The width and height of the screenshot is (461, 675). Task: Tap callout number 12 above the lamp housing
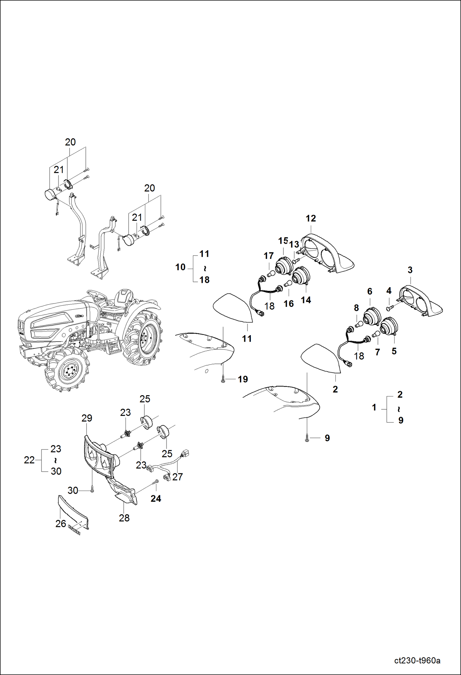[311, 218]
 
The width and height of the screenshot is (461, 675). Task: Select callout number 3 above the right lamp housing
[410, 270]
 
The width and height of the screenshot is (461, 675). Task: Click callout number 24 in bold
[156, 498]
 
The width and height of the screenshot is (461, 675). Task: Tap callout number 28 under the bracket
[124, 518]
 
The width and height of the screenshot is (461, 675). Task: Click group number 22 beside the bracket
[29, 460]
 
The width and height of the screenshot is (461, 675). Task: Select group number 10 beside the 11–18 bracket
[180, 267]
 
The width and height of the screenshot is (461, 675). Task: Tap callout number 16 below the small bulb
[288, 303]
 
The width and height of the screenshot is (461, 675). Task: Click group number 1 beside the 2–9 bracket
[374, 407]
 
